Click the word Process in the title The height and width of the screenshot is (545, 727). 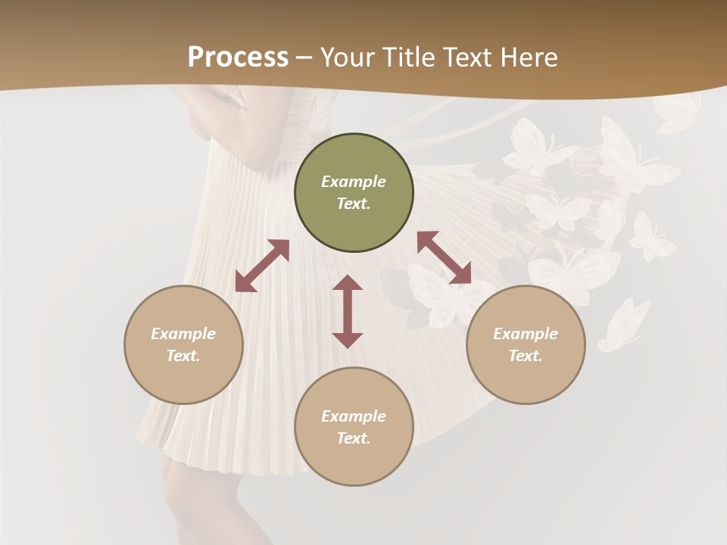click(238, 58)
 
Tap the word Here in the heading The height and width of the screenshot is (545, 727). click(528, 58)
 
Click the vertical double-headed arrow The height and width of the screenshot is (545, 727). click(348, 311)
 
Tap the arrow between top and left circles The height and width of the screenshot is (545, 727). click(262, 266)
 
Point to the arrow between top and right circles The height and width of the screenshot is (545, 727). click(444, 258)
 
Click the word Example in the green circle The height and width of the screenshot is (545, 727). click(354, 182)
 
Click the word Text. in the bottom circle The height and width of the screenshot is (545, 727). click(354, 438)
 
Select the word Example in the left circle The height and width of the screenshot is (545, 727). click(183, 334)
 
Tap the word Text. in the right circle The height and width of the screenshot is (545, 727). click(526, 356)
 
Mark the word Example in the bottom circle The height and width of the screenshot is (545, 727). click(354, 416)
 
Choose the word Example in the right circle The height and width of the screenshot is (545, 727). click(526, 334)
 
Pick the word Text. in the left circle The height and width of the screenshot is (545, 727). click(183, 356)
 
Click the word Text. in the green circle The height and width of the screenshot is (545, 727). click(354, 204)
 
